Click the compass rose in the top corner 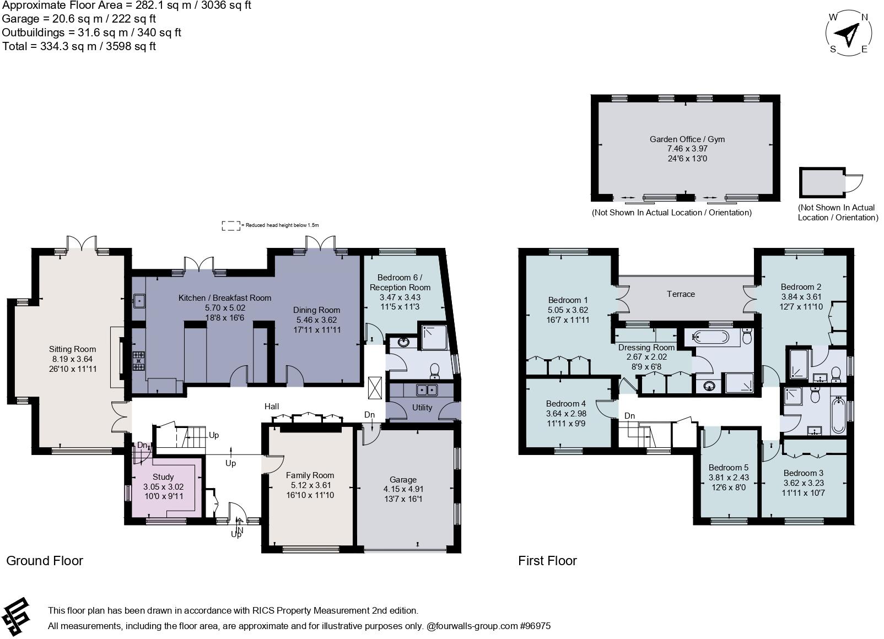[849, 33]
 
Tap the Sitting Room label [72, 349]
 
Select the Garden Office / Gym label [687, 139]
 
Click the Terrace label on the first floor [681, 294]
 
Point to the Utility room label [422, 408]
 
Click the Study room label [163, 477]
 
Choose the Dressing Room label [646, 348]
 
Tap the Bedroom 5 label [728, 468]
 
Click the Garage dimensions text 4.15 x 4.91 [403, 489]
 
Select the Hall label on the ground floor [272, 407]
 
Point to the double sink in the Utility [427, 390]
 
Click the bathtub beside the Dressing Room [711, 337]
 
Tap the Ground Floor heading [45, 561]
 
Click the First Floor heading [547, 561]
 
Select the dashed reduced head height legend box [230, 225]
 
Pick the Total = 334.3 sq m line [79, 46]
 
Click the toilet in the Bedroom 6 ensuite [434, 371]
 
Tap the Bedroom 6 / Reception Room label [400, 282]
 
